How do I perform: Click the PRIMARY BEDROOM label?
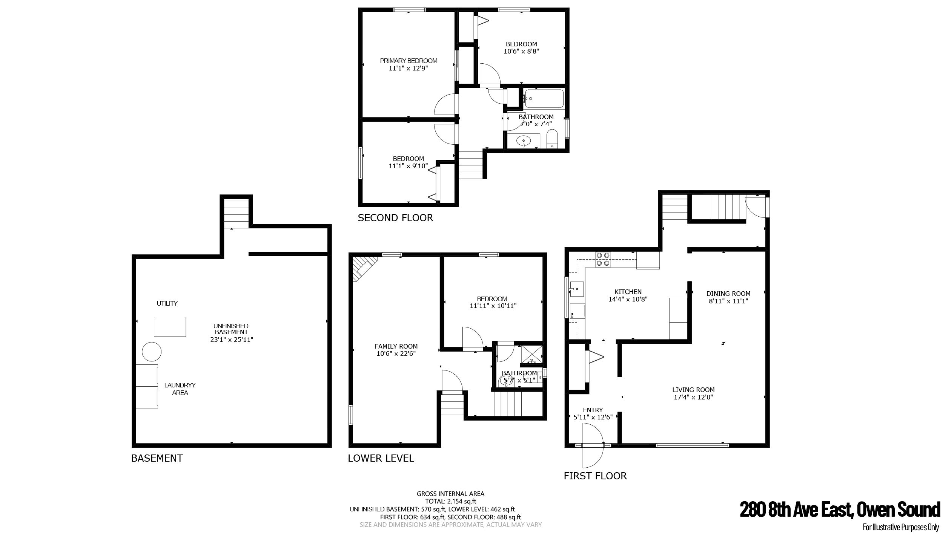[409, 61]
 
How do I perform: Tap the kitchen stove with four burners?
[603, 259]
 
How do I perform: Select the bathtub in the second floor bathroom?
[544, 98]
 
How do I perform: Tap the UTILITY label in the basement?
[167, 303]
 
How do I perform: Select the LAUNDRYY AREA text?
[180, 389]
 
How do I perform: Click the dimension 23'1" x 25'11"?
[232, 340]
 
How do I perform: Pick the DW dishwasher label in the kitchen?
[572, 315]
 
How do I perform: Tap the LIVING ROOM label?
[693, 390]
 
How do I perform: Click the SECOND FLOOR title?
[395, 218]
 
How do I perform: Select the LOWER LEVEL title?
[381, 458]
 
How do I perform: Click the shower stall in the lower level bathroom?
[532, 355]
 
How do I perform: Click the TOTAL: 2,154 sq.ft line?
[451, 501]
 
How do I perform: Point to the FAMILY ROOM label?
[396, 346]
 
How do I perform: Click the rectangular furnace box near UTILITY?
[170, 327]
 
